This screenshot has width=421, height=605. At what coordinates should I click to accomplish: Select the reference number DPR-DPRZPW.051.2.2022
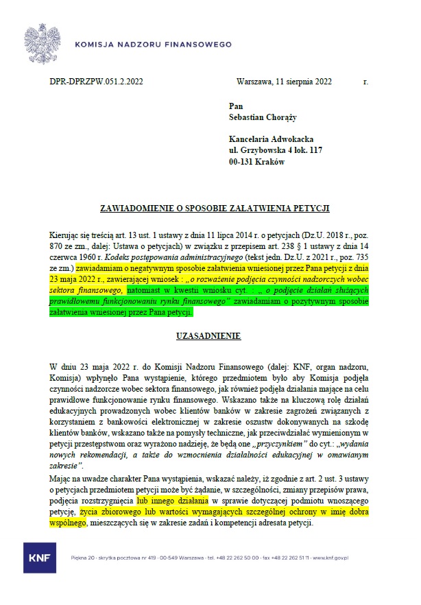pyautogui.click(x=97, y=82)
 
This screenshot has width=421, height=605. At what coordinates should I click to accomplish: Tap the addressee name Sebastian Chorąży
pyautogui.click(x=263, y=117)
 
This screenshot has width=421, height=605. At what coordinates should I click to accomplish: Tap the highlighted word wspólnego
pyautogui.click(x=69, y=523)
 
